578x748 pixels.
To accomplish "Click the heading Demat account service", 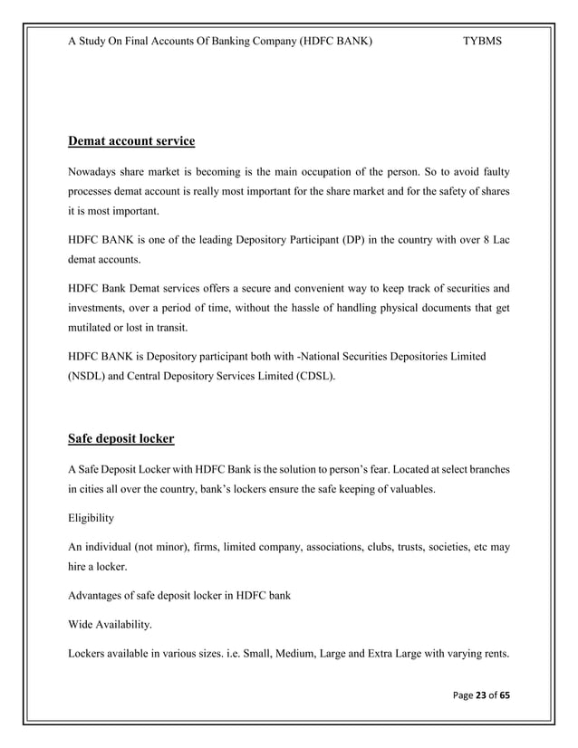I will click(x=131, y=141).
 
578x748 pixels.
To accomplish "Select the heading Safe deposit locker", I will click(x=121, y=440).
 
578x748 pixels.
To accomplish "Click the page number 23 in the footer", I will click(x=482, y=695).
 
